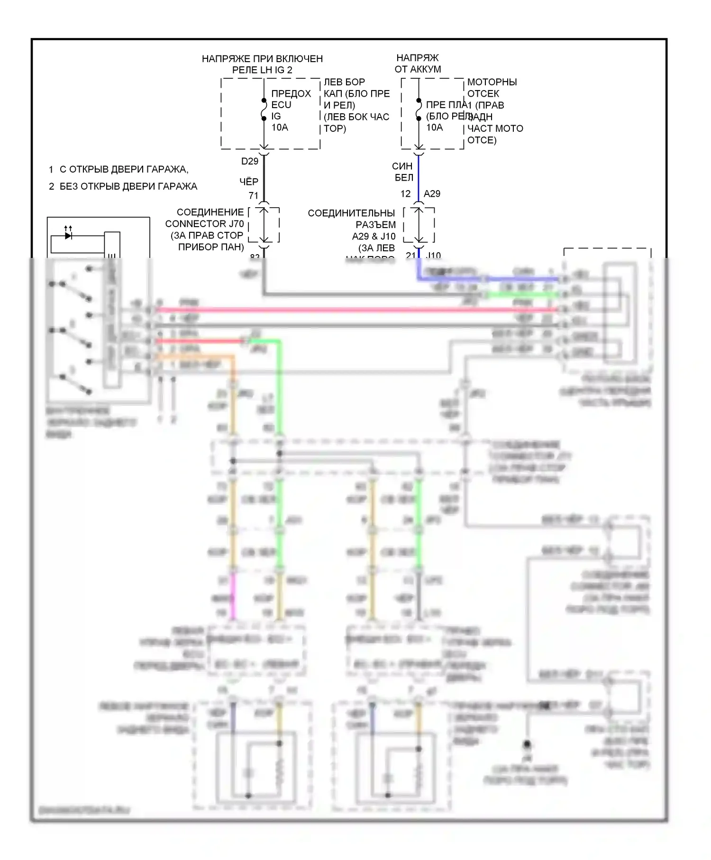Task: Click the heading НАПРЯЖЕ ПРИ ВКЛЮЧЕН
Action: (x=262, y=59)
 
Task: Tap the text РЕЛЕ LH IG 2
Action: (x=262, y=70)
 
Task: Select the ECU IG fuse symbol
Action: (x=264, y=110)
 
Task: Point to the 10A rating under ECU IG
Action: (x=280, y=128)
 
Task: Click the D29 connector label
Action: (x=250, y=161)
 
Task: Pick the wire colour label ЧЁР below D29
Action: (x=249, y=182)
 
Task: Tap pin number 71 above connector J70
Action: (x=254, y=195)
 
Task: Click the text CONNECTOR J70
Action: (x=204, y=224)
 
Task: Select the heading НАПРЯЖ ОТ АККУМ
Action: (x=418, y=64)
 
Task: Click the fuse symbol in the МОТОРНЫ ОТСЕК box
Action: (x=419, y=110)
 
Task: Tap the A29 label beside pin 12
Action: (x=432, y=193)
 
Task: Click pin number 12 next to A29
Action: (x=405, y=193)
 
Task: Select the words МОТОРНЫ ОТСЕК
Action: (x=492, y=88)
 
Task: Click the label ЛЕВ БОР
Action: (x=344, y=82)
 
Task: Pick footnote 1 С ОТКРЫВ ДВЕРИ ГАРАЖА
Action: (x=118, y=169)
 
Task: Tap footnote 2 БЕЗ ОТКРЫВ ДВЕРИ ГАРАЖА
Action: (x=123, y=186)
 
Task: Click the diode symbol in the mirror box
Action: (x=68, y=235)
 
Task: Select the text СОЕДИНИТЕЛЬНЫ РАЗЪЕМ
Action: (x=351, y=219)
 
